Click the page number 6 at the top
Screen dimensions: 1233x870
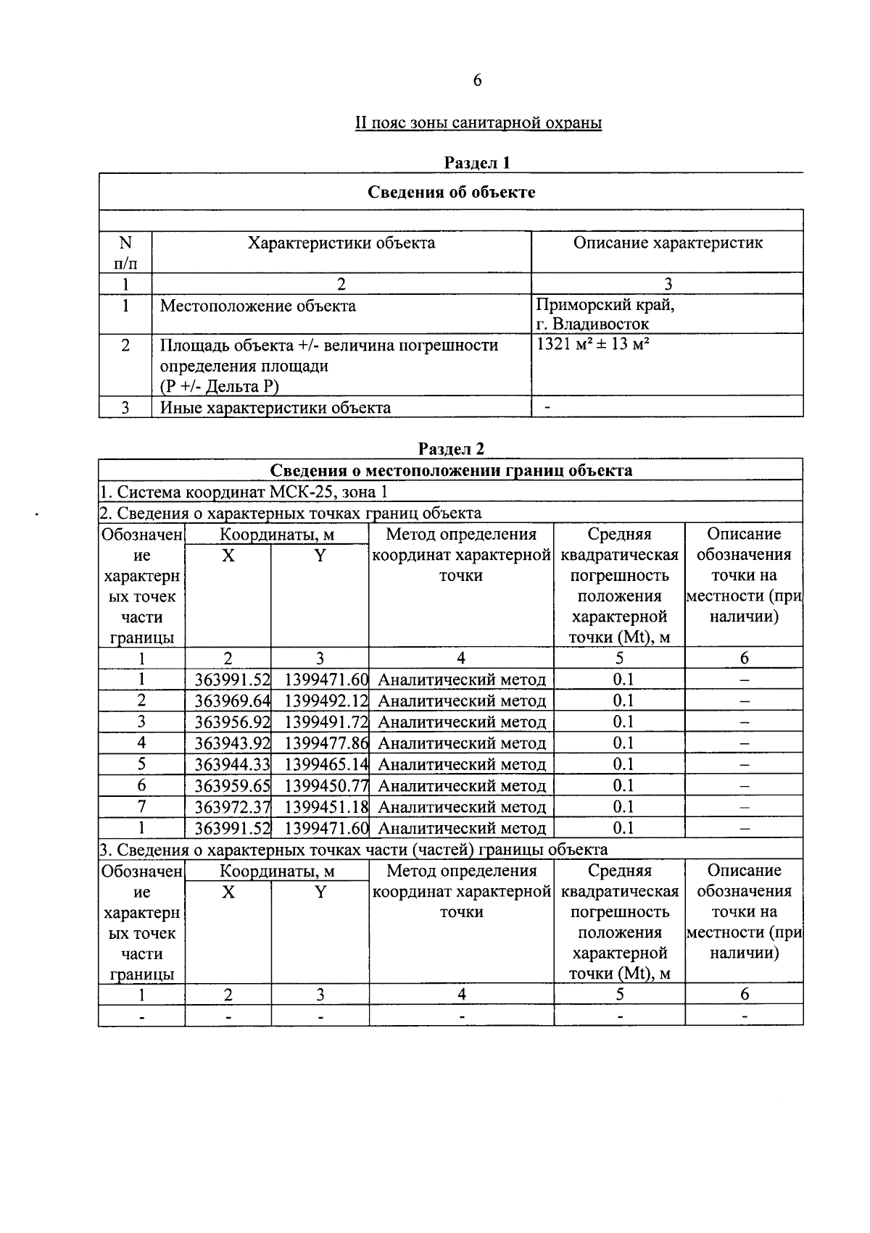pos(477,80)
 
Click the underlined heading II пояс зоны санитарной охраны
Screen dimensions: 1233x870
pos(478,122)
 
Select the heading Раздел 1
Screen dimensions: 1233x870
pos(477,162)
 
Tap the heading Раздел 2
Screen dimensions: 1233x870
pos(450,448)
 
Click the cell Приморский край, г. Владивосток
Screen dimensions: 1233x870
pos(605,314)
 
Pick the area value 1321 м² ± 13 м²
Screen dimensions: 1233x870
pos(592,345)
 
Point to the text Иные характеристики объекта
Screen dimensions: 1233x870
pos(275,407)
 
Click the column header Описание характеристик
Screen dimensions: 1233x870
pos(668,243)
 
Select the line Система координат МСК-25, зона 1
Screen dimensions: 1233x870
pos(244,492)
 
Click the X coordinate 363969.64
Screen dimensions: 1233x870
pos(232,701)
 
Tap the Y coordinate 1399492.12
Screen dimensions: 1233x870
pos(326,701)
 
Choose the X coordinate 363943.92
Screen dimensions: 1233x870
pos(232,743)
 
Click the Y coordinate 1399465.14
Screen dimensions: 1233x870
pos(326,764)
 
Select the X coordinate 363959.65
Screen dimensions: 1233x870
pos(232,785)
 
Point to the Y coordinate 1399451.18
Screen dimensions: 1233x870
pos(326,806)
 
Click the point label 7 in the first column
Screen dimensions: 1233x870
pos(141,806)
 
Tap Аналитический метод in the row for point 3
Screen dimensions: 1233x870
pos(462,722)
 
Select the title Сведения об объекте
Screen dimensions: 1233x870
pos(451,192)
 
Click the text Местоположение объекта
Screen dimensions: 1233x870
pos(258,306)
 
